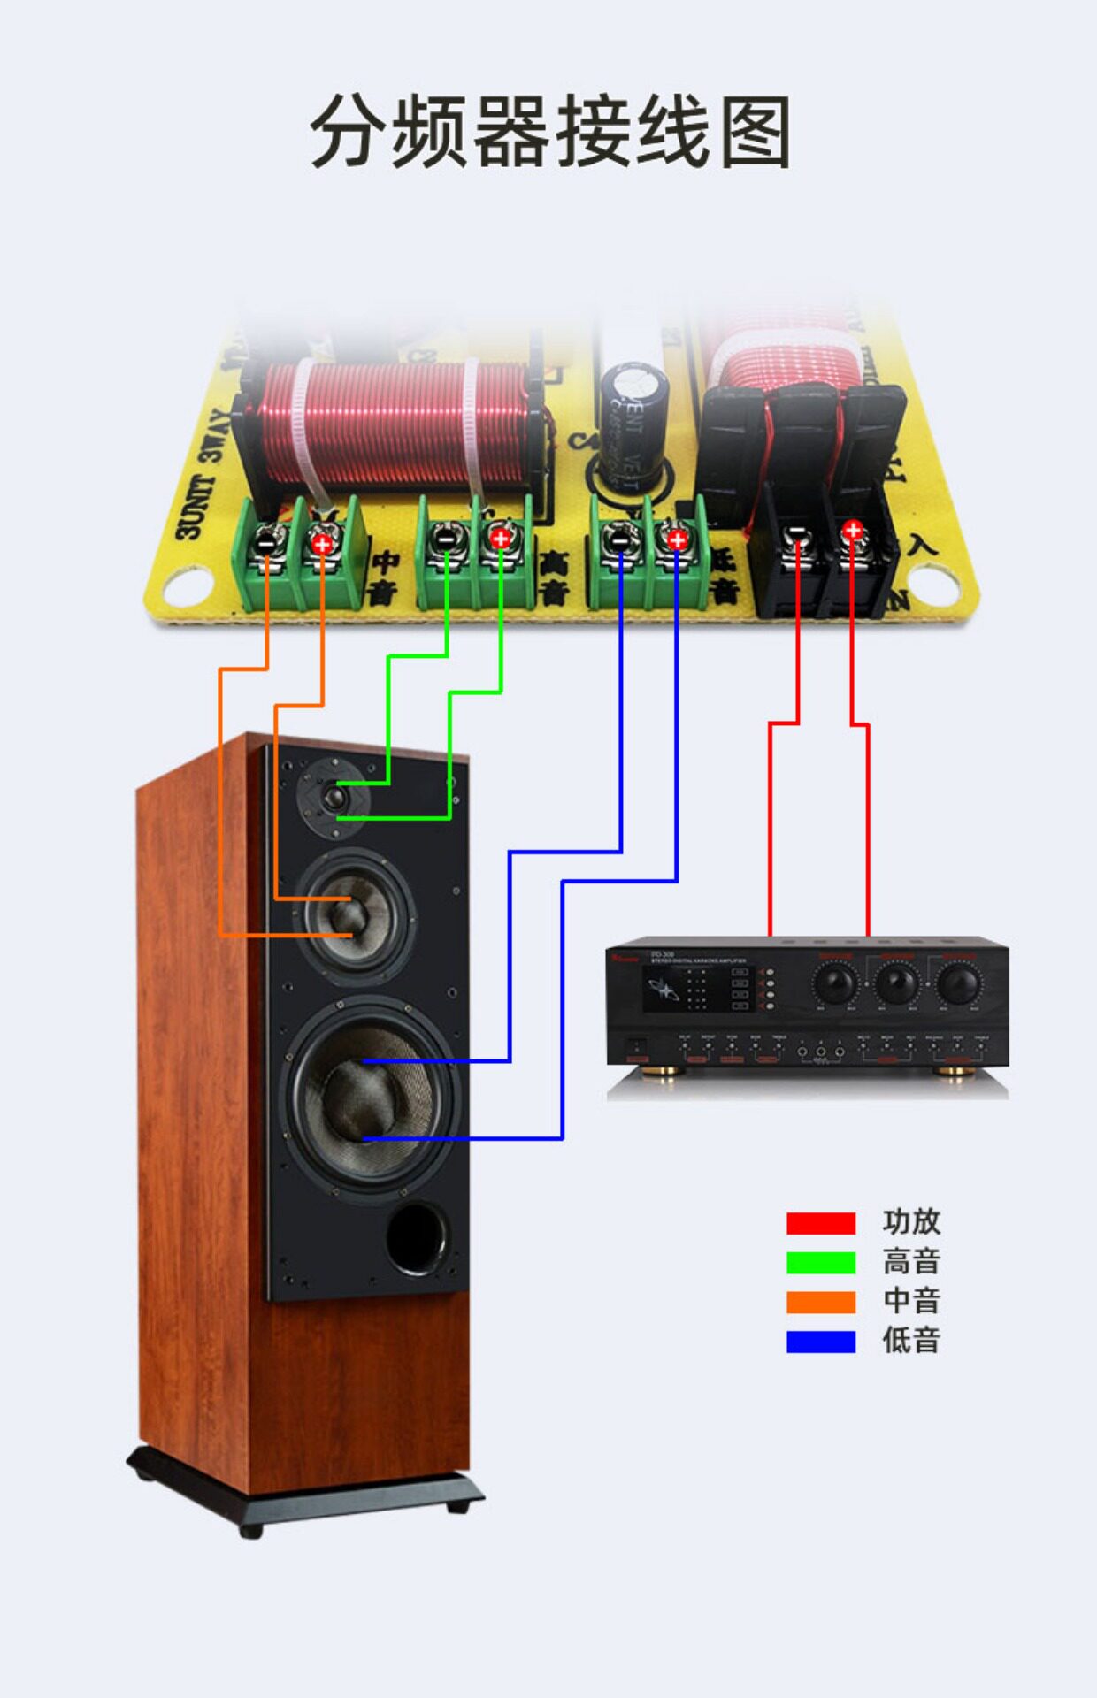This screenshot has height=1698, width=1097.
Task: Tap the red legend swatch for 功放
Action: coord(821,1223)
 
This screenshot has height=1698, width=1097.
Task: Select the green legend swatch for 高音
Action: coord(821,1263)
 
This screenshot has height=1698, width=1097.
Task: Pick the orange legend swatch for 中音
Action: coord(821,1302)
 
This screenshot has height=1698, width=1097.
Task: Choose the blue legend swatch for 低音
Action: coord(821,1342)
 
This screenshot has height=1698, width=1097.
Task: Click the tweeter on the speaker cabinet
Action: coord(334,799)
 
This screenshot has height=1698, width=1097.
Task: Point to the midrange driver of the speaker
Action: coord(354,914)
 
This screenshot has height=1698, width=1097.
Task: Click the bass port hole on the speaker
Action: coord(417,1237)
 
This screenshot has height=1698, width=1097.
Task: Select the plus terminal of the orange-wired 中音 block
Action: coord(322,543)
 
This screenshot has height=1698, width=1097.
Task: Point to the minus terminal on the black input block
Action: coord(797,533)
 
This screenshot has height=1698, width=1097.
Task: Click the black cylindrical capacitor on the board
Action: coord(632,424)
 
